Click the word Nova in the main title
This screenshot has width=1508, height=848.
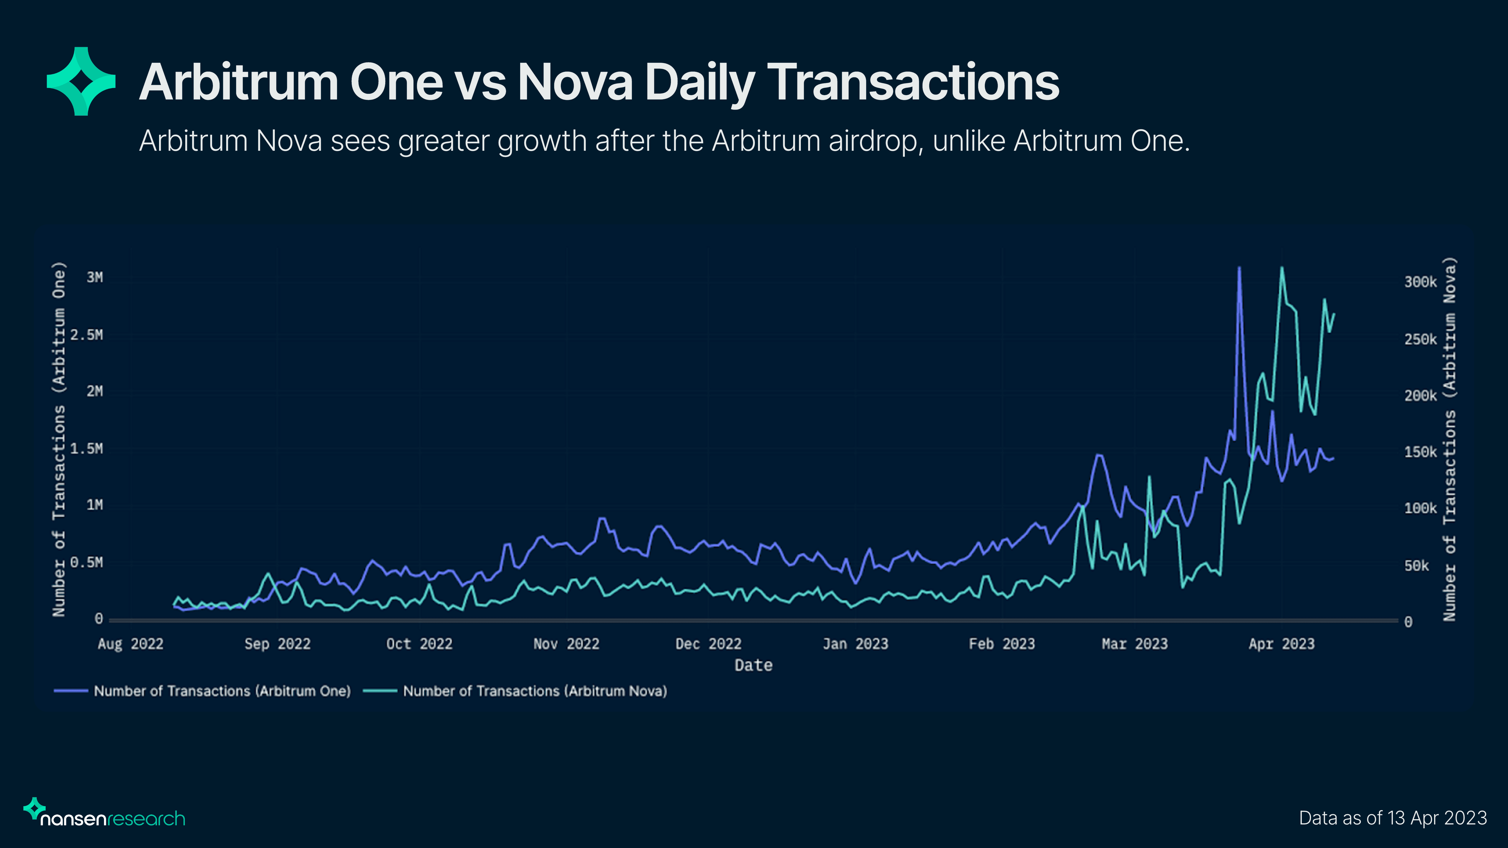575,82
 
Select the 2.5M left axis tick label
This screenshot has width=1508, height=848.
87,335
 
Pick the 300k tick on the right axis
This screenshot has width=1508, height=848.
1420,282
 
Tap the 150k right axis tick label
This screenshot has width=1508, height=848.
1420,452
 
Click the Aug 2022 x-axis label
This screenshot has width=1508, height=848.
130,644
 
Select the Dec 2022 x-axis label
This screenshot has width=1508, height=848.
708,644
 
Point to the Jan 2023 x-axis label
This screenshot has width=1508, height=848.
855,644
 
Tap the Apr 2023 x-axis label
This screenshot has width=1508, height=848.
1282,644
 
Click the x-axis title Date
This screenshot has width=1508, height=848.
753,665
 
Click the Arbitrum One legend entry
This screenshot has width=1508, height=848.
221,691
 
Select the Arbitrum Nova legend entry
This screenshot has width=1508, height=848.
535,691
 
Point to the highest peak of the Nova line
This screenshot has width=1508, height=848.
1282,269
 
